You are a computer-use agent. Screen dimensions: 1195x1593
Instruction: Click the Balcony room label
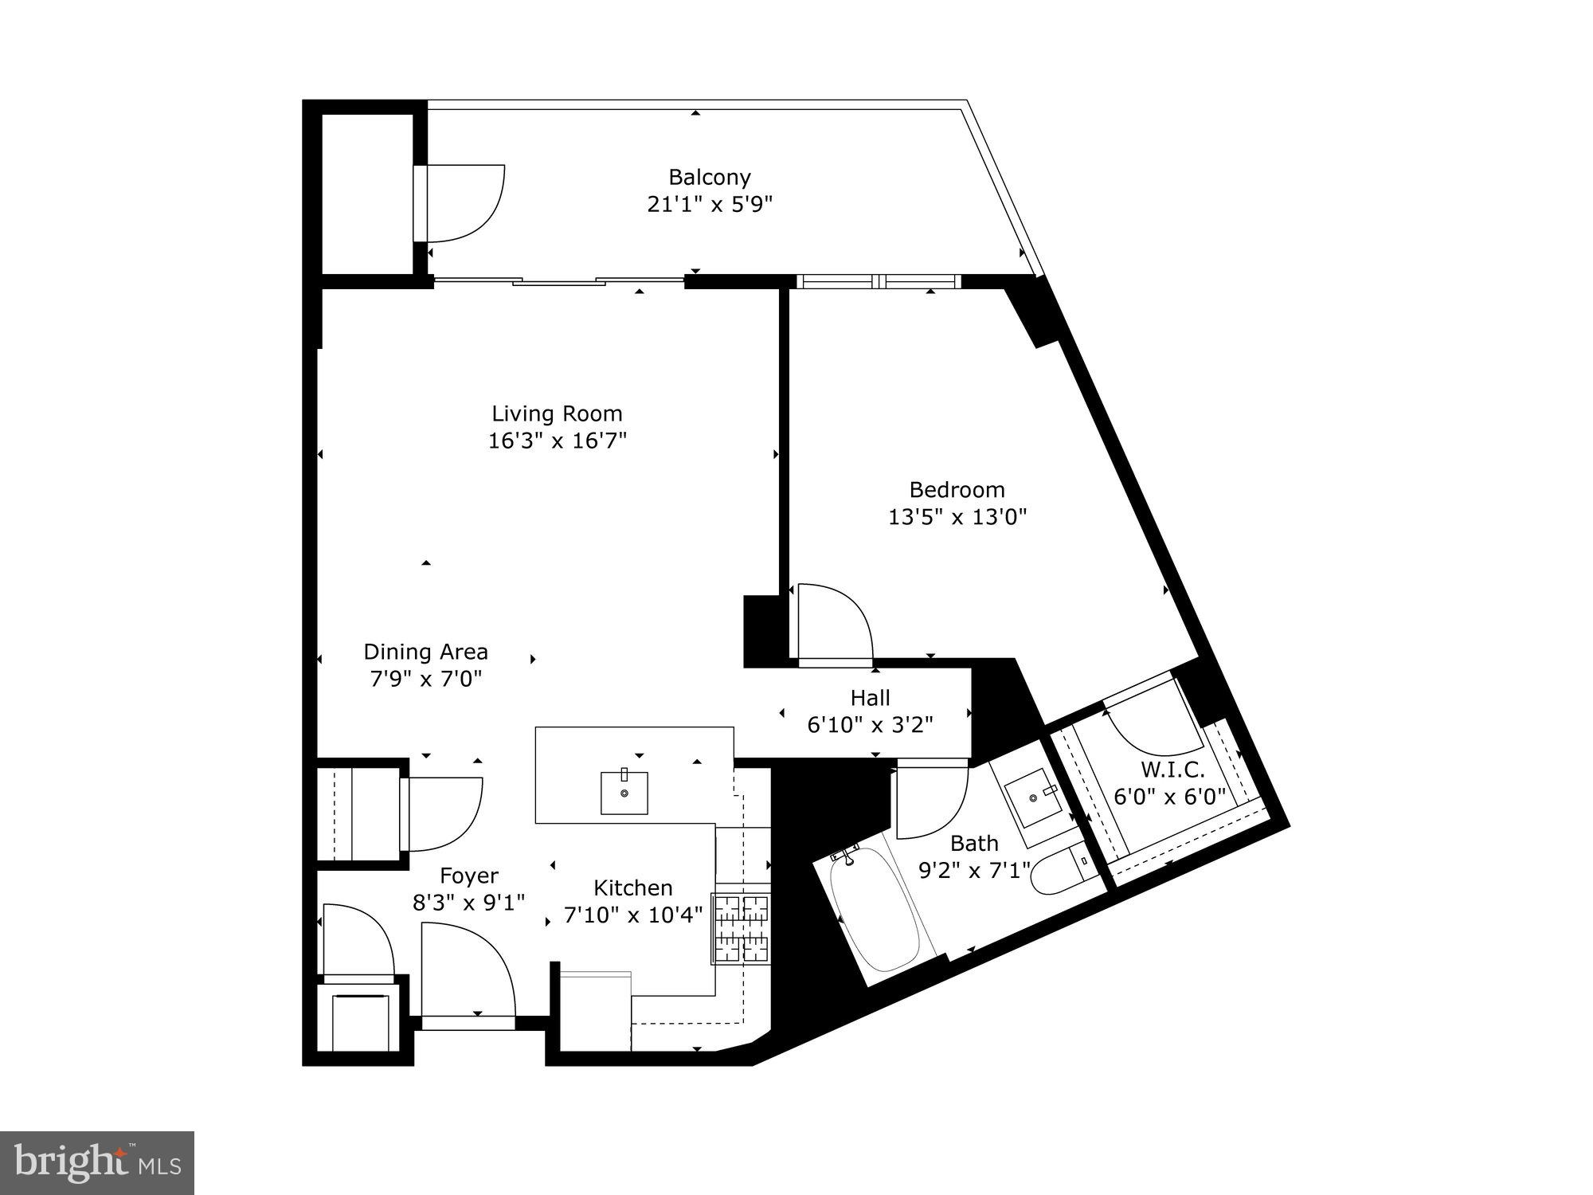click(x=709, y=177)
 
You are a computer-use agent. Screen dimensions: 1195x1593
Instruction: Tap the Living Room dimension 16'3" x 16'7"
click(x=558, y=441)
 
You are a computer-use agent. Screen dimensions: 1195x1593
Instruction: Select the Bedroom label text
click(x=957, y=489)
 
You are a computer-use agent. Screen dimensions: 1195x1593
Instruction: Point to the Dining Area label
click(x=425, y=652)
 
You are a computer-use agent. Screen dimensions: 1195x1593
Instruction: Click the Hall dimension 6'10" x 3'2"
click(x=870, y=725)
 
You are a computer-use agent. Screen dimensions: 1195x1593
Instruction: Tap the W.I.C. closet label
click(x=1172, y=770)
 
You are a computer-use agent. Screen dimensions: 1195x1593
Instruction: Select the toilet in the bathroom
click(x=1059, y=872)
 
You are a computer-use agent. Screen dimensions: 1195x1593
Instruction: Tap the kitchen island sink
click(x=624, y=792)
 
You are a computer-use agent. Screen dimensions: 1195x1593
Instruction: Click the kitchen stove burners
click(x=742, y=929)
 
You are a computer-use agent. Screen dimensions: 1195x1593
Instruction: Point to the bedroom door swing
click(x=832, y=621)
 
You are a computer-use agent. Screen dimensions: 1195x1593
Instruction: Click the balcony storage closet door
click(x=462, y=203)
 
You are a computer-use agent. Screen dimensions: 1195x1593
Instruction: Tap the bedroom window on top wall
click(x=879, y=281)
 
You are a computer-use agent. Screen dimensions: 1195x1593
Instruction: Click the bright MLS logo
click(x=97, y=1164)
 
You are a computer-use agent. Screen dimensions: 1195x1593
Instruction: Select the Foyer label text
click(x=468, y=876)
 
